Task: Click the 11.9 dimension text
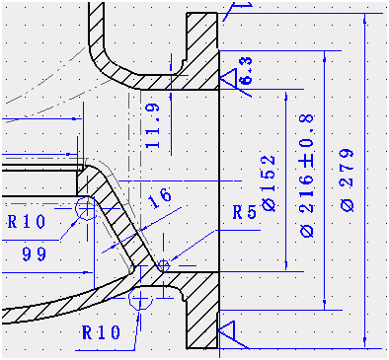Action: pos(151,124)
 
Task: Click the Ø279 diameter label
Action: pos(347,179)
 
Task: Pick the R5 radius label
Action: pos(245,212)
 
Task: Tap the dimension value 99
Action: pos(36,254)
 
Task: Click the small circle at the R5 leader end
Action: pos(164,264)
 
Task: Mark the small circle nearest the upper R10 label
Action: pos(84,208)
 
